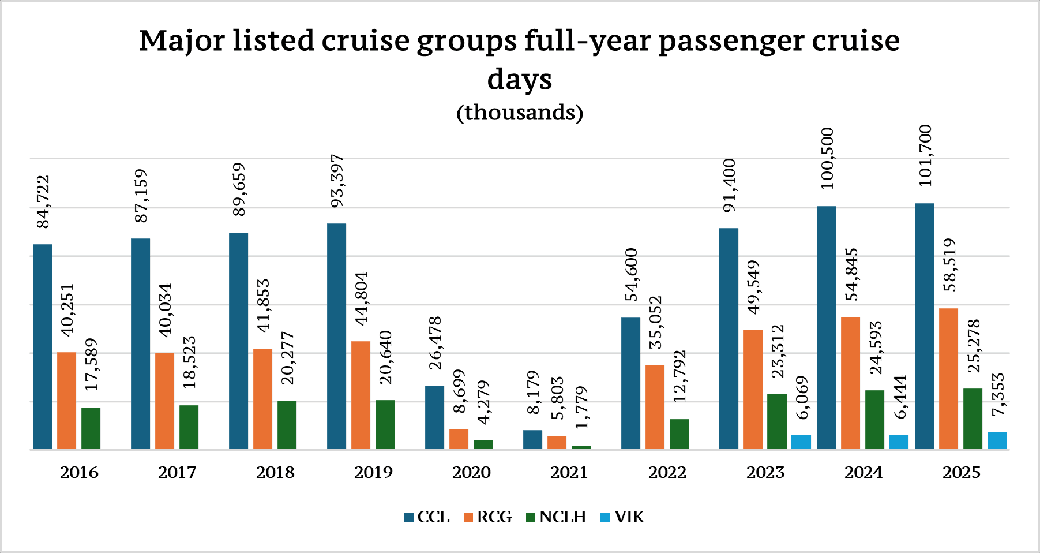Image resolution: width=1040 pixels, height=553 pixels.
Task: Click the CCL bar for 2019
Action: point(336,336)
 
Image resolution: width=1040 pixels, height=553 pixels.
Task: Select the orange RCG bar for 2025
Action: point(948,379)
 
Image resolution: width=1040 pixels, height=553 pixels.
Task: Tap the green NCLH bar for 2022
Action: point(679,434)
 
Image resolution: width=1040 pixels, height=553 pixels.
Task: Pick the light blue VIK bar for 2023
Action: point(801,442)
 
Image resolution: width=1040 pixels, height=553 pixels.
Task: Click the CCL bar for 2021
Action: point(532,440)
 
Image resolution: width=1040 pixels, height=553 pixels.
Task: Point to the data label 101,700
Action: point(925,155)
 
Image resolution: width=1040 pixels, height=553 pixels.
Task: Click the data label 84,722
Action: point(43,201)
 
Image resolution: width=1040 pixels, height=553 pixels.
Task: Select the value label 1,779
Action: point(581,407)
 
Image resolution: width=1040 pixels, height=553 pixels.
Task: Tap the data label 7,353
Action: point(997,394)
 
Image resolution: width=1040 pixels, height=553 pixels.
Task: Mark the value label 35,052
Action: point(655,322)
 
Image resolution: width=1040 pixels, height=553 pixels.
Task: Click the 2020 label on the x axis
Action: point(471,473)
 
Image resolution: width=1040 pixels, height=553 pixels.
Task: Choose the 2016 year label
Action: point(79,473)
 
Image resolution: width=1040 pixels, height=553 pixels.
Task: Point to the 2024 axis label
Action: point(863,473)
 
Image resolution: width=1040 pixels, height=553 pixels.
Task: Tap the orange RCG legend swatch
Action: point(468,518)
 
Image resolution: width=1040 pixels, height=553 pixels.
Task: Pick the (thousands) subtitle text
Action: point(520,112)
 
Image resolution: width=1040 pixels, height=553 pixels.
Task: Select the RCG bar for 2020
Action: point(459,439)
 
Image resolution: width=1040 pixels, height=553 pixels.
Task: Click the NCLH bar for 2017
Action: point(189,427)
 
